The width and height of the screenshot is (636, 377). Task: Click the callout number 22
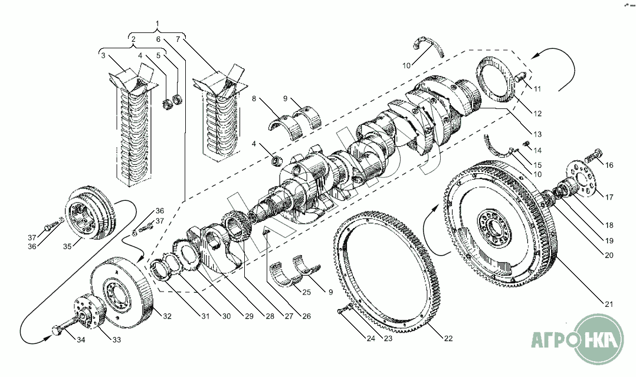(x=448, y=338)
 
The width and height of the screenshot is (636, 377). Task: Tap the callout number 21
(x=609, y=304)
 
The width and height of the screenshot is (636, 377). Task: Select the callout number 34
(x=81, y=340)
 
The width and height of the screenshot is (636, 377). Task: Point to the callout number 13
(x=537, y=134)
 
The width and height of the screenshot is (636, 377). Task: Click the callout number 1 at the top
(x=158, y=23)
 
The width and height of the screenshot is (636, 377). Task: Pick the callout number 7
(x=178, y=39)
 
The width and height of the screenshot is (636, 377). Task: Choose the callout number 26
(x=307, y=316)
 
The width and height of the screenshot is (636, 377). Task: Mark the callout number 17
(x=609, y=197)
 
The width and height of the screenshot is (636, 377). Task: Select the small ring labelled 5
(x=178, y=98)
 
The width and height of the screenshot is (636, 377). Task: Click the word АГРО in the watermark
(x=553, y=338)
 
